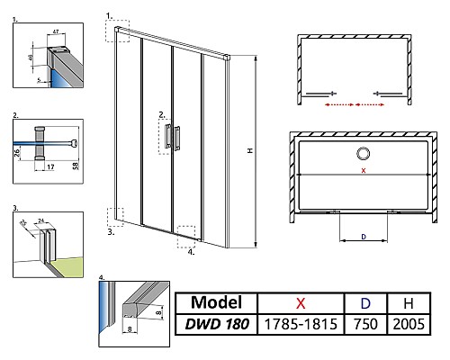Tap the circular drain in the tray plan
[364, 153]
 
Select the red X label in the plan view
[363, 170]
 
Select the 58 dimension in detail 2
[78, 164]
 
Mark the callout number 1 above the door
[110, 15]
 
